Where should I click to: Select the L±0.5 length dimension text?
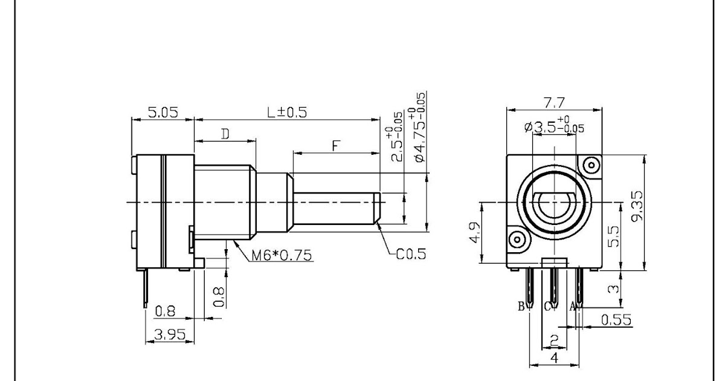(287, 112)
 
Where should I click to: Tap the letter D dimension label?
(224, 134)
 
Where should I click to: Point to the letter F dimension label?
(337, 145)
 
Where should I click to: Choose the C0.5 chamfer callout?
(410, 254)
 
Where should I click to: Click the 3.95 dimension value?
(169, 334)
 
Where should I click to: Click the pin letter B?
(521, 307)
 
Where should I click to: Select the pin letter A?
(572, 307)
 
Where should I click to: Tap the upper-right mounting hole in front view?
(590, 165)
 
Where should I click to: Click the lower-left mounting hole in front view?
(517, 239)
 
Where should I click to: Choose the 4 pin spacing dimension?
(554, 358)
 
